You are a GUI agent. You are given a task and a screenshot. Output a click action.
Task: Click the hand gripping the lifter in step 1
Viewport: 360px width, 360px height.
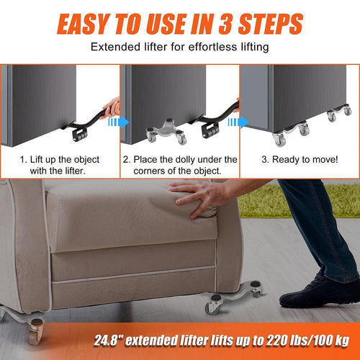pyautogui.click(x=112, y=108)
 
